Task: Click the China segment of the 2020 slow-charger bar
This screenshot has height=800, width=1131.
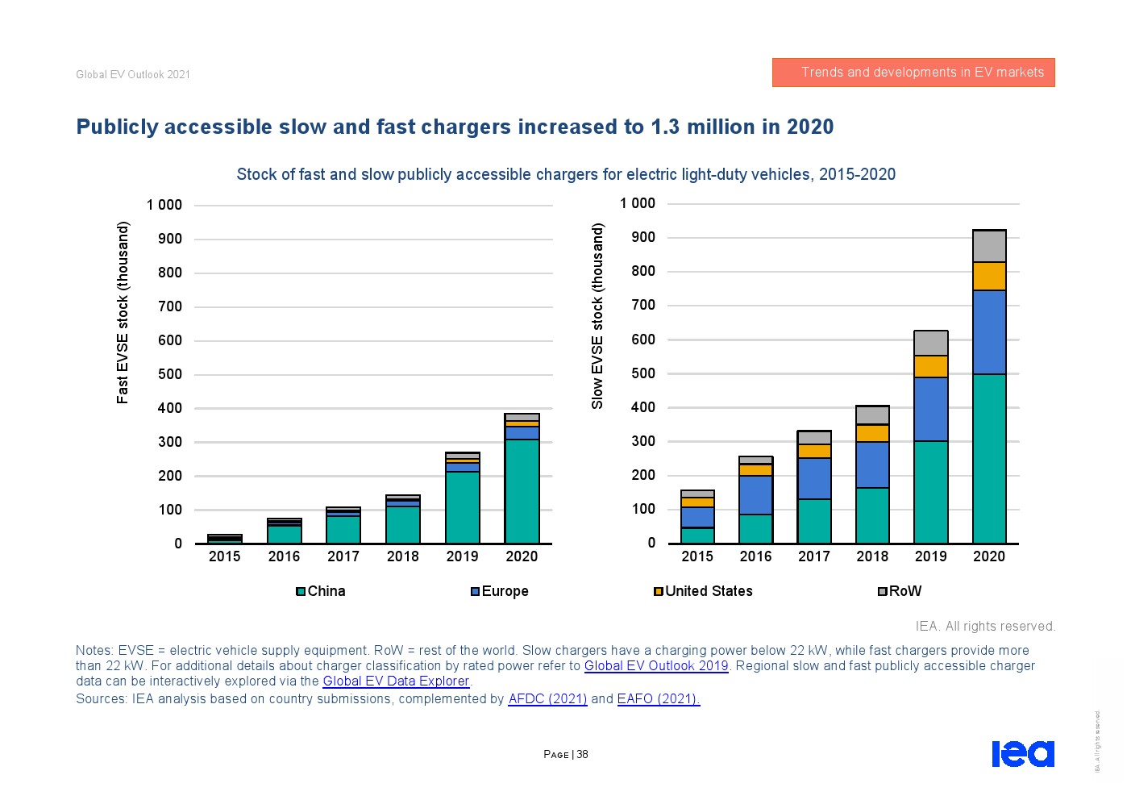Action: coord(989,459)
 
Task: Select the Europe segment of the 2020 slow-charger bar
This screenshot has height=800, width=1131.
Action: coord(989,332)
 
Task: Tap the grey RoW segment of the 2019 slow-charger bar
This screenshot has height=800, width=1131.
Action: coord(930,344)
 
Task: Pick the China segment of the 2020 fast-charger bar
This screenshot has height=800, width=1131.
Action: coord(522,491)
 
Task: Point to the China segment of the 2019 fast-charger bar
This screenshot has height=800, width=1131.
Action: coord(462,507)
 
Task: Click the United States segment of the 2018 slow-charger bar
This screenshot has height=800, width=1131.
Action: coord(872,434)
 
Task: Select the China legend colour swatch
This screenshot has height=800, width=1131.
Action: coord(301,591)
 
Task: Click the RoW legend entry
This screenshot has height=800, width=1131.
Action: coord(900,591)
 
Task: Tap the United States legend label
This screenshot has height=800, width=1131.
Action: coord(709,591)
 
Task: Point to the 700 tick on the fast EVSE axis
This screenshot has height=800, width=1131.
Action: coord(169,306)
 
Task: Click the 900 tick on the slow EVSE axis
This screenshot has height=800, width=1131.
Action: coord(643,237)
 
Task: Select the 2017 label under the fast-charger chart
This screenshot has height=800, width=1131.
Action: coord(343,556)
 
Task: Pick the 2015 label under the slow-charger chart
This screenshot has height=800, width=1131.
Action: coord(696,556)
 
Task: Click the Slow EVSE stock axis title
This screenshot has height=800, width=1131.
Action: coord(597,315)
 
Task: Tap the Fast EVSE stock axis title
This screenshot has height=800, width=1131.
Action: coord(123,313)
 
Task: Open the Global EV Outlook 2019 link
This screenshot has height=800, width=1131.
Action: coord(656,665)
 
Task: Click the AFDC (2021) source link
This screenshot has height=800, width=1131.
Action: coord(547,698)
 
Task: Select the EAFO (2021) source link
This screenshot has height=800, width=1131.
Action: coord(659,698)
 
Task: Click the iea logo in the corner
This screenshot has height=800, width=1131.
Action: coord(1023,753)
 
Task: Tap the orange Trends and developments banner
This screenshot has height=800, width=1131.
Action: coord(913,73)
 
